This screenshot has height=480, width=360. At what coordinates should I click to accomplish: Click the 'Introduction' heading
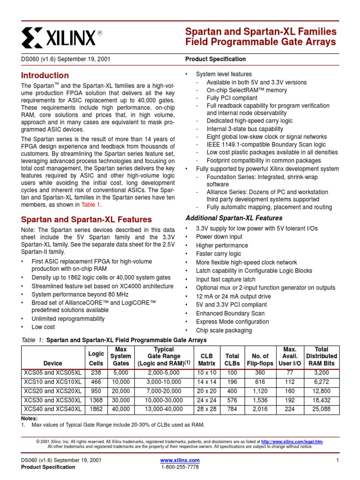point(45,75)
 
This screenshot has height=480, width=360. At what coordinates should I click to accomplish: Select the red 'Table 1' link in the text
point(91,205)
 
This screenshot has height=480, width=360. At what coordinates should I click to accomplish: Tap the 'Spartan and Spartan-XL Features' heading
point(87,219)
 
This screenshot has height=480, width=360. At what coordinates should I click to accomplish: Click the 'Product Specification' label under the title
point(215,59)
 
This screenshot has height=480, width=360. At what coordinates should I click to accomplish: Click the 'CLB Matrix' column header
point(206,360)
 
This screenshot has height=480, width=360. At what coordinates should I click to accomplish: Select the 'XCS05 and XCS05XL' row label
point(52,373)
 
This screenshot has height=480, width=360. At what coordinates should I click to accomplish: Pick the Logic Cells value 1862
point(96,409)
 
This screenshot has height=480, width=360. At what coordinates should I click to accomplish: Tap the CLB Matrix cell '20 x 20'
point(206,391)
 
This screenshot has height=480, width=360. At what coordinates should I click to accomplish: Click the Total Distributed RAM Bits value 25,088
point(321,409)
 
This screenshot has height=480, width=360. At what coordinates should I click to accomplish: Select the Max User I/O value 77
point(290,373)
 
